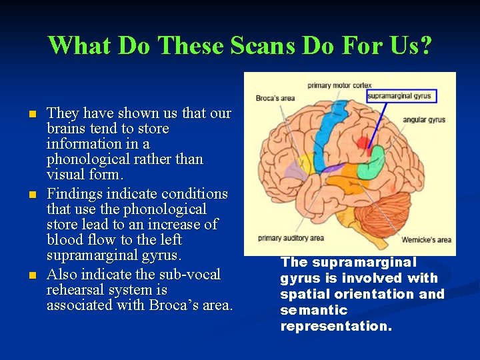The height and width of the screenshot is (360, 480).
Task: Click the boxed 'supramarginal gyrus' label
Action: point(400,96)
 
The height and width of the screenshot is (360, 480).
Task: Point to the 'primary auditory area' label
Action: point(291,238)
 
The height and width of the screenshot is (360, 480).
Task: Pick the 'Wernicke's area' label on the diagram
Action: point(426,240)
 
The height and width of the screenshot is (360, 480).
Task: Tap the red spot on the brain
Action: point(363,143)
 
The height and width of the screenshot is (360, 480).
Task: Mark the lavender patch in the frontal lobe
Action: point(293,172)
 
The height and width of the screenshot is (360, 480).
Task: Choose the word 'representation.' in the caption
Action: point(336,326)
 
